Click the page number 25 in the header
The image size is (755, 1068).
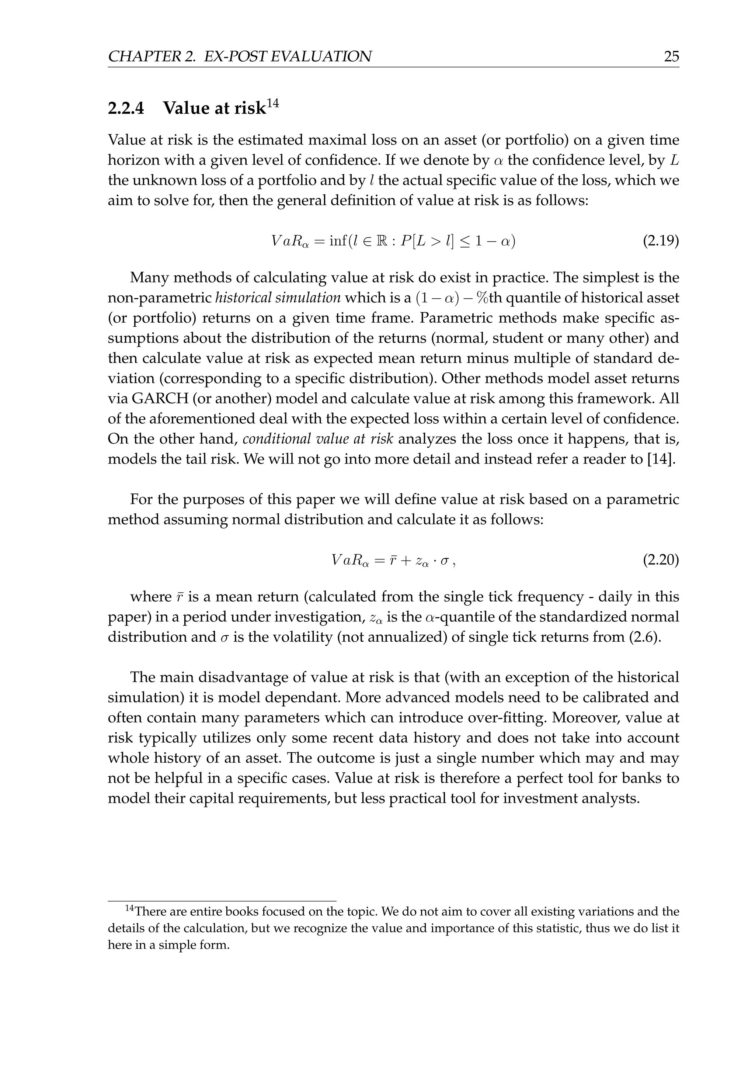click(x=671, y=57)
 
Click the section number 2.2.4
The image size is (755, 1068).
click(x=126, y=108)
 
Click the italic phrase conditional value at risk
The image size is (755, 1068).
click(x=319, y=438)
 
